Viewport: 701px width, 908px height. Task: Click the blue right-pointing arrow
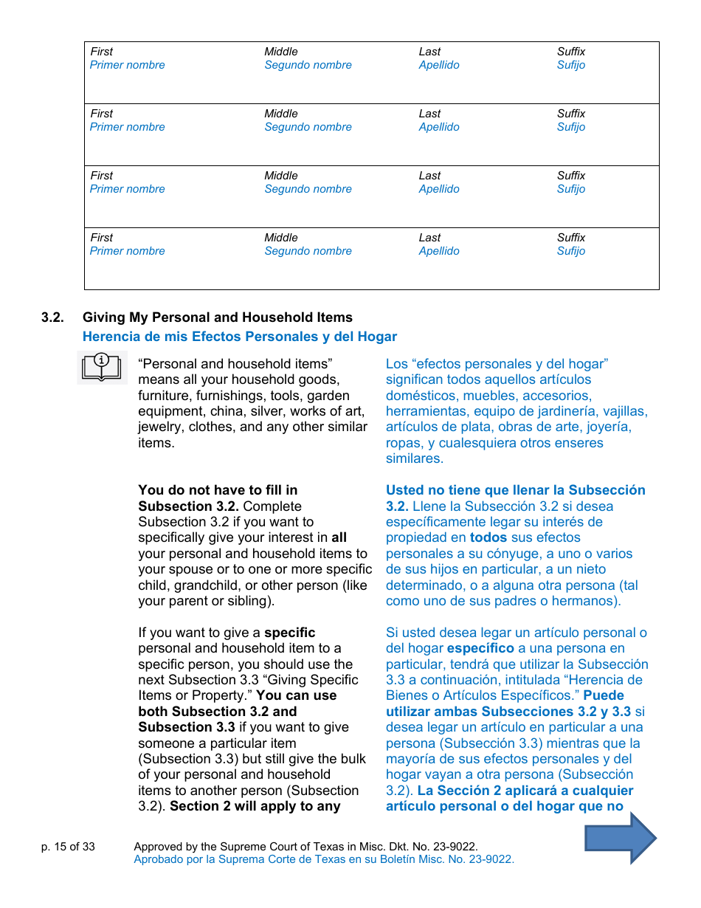621,837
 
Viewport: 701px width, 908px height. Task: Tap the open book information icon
102,367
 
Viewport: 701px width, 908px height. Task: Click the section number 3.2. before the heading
52,317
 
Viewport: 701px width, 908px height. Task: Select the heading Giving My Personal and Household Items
218,317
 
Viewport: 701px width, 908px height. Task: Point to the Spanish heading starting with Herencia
239,337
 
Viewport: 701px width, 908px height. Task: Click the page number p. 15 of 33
68,847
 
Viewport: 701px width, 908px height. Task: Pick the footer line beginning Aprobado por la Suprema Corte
323,859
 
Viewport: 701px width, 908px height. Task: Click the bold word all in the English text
339,537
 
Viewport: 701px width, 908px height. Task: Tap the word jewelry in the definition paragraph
160,427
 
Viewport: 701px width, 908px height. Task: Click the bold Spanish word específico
480,648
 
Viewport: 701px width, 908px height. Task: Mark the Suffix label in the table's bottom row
571,238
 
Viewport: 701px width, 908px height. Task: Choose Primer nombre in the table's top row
127,65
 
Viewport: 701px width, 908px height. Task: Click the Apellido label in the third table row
438,189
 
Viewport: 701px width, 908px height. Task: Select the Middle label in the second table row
281,114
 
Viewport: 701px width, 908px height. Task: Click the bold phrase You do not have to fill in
218,490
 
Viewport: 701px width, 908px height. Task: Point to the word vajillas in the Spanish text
624,411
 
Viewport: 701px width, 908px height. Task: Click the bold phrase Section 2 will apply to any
255,806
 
